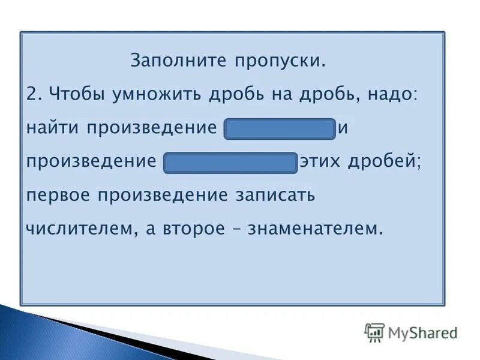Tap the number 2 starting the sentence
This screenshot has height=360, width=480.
[34, 95]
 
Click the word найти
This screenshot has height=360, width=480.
[53, 129]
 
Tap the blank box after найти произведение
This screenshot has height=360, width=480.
[279, 129]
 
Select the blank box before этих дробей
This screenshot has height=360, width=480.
[230, 163]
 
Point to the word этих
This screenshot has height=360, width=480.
[323, 163]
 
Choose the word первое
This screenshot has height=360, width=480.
[60, 196]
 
